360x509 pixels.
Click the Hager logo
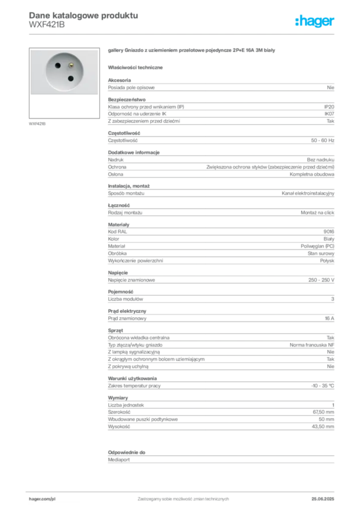click(x=315, y=21)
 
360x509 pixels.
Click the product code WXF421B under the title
click(x=47, y=25)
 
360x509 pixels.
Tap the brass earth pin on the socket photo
click(x=71, y=66)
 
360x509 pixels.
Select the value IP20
click(x=329, y=107)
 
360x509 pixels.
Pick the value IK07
click(x=329, y=114)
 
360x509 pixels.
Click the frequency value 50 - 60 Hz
click(x=322, y=141)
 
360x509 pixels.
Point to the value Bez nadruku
click(x=320, y=160)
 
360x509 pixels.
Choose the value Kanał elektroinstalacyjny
click(x=308, y=193)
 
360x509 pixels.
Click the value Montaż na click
click(x=317, y=213)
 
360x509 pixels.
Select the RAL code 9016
click(x=329, y=232)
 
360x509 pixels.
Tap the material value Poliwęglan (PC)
click(x=317, y=246)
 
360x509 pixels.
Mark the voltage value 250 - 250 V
click(x=321, y=280)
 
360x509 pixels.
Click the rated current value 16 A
click(x=330, y=319)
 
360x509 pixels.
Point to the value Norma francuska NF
click(x=312, y=345)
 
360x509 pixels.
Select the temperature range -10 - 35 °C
click(x=322, y=386)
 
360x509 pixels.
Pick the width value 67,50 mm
click(x=323, y=412)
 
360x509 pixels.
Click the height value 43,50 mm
click(x=323, y=426)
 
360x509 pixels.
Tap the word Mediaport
click(x=119, y=460)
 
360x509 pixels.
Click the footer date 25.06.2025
click(x=323, y=499)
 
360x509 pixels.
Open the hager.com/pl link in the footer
click(x=42, y=499)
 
